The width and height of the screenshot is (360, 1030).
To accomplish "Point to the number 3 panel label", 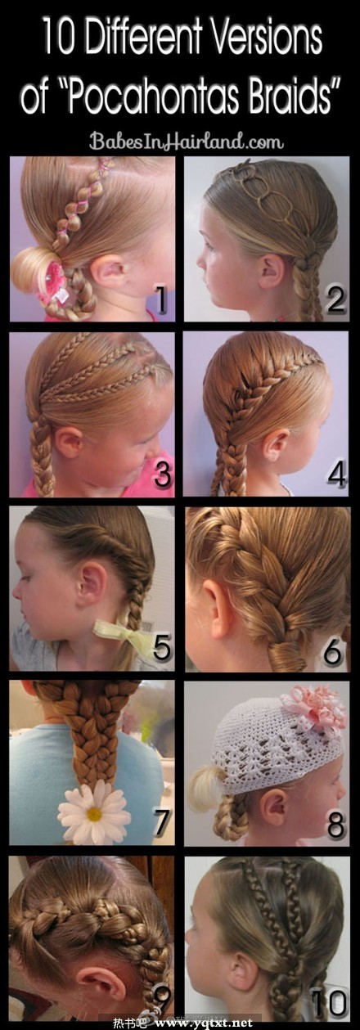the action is (x=163, y=474).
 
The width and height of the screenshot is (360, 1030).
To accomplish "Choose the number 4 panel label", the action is (x=336, y=474).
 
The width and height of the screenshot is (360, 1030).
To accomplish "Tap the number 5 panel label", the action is (x=163, y=648).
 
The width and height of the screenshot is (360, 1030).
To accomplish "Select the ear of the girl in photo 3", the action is (x=68, y=443).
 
